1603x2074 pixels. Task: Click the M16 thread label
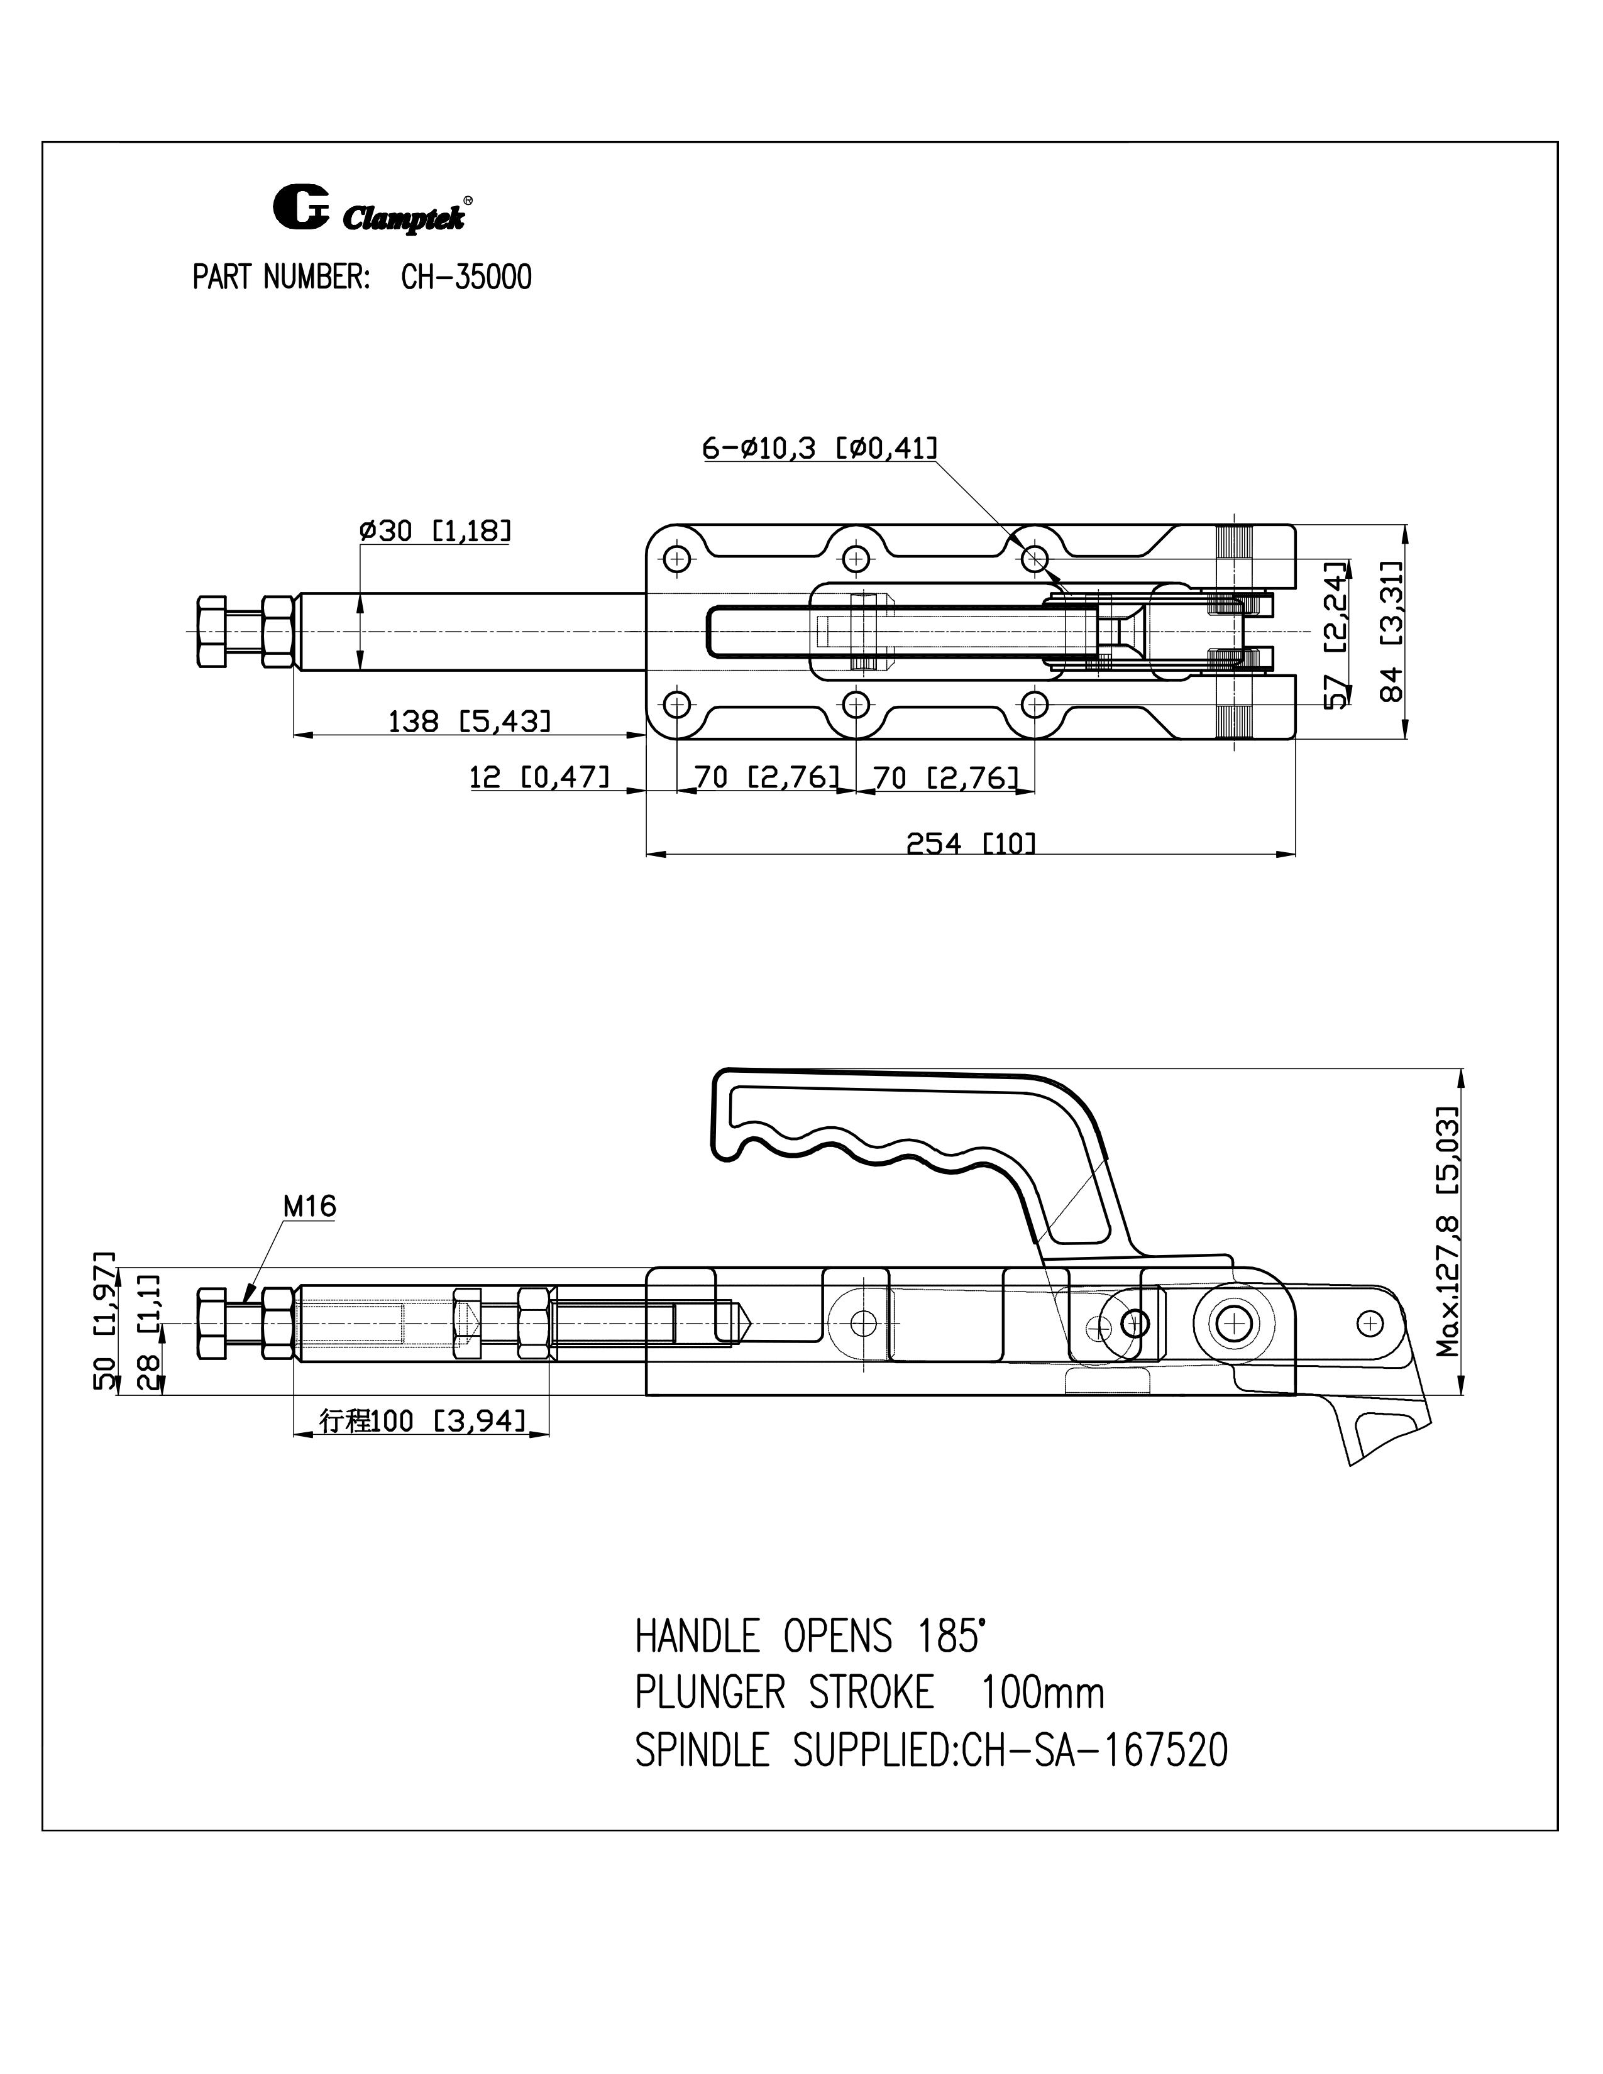click(309, 1206)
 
